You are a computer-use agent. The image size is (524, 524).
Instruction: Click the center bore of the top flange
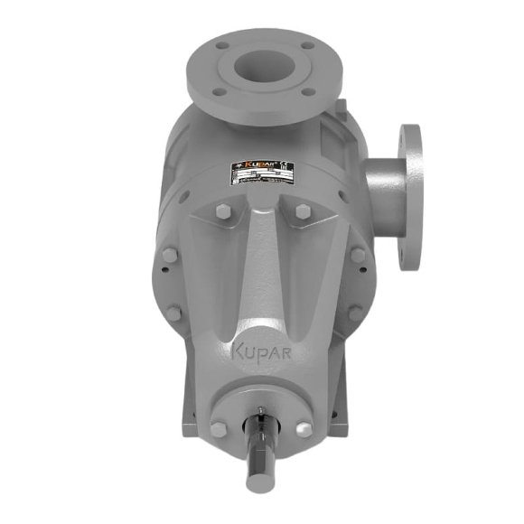[263, 67]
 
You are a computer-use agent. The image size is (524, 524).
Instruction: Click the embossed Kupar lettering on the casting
[264, 349]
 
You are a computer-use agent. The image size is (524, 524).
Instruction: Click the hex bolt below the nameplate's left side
[223, 214]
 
